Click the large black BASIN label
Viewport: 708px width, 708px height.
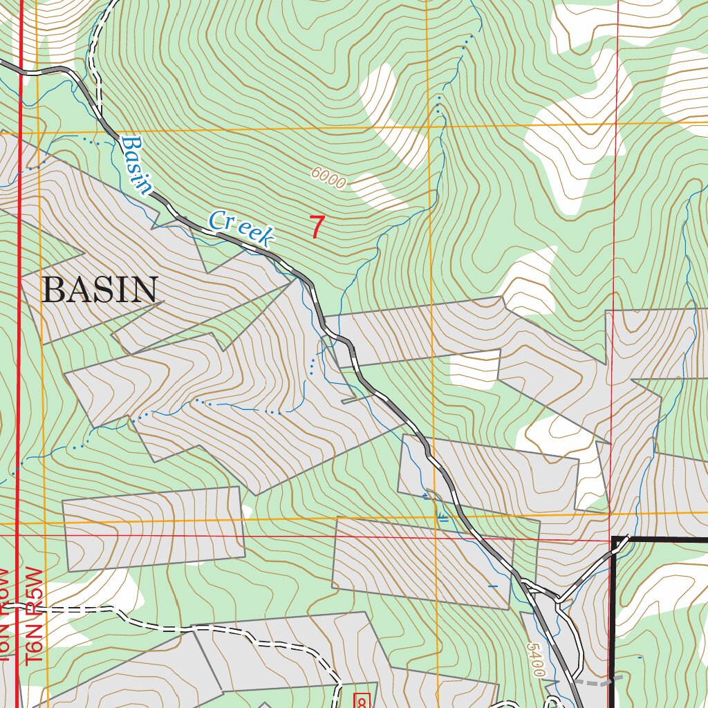coord(100,290)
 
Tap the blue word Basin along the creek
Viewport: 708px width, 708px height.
coord(136,165)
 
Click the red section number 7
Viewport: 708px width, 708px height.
coord(317,227)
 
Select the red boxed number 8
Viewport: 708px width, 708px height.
coord(362,700)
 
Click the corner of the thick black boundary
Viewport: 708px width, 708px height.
coord(613,538)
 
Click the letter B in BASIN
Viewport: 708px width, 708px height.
coord(53,290)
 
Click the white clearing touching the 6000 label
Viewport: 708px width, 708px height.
coord(377,190)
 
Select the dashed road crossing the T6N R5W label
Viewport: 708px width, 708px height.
coord(69,610)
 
